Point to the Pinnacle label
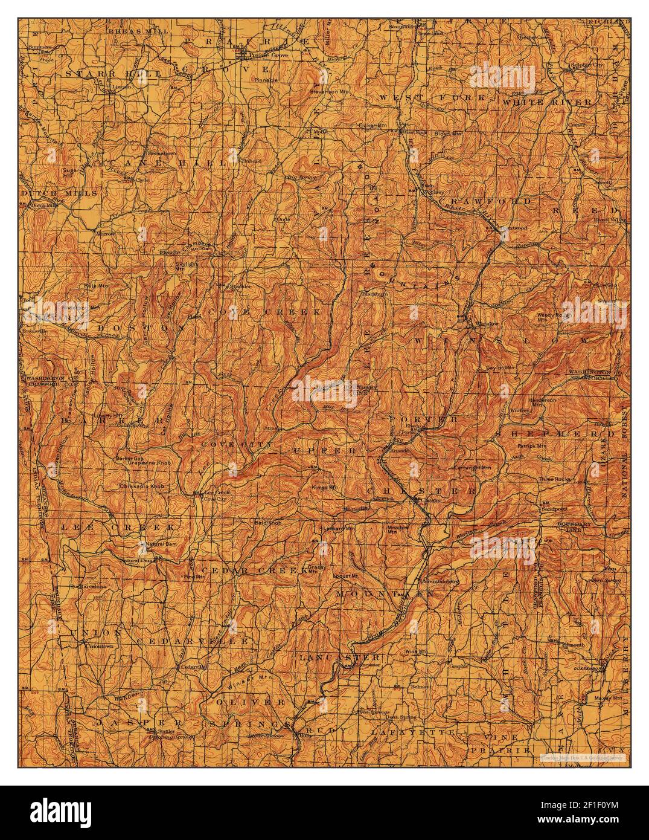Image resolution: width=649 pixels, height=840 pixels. point(266,79)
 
